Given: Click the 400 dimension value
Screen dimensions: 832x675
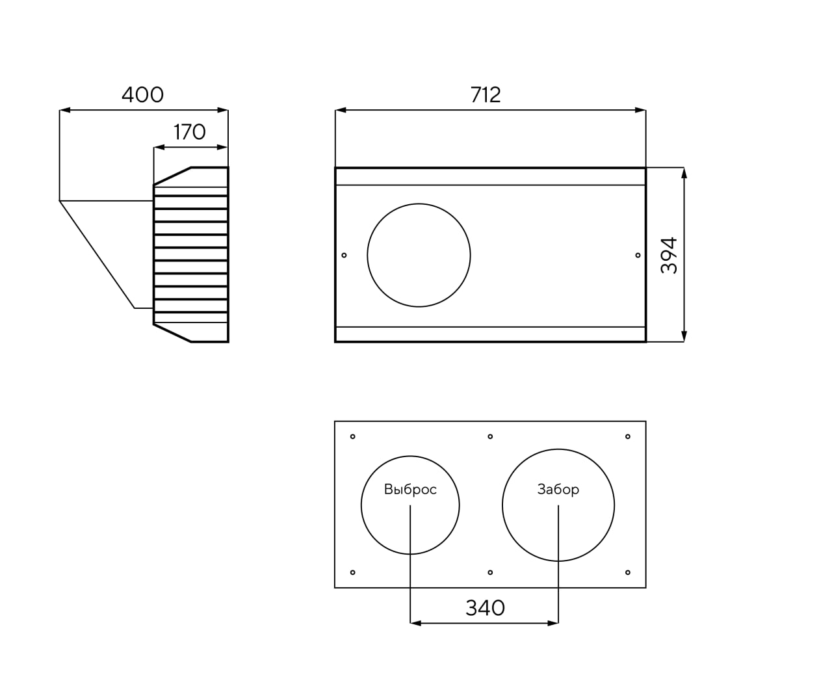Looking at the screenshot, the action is coord(142,95).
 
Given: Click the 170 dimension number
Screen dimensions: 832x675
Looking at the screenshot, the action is coord(189,132).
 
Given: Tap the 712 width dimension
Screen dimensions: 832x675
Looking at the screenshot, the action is coord(486,95).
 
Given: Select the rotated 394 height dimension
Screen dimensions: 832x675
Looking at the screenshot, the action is coord(668,255).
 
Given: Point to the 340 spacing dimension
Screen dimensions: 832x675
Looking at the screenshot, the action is coord(485,608).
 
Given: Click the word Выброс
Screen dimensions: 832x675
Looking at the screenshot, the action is coord(410,490).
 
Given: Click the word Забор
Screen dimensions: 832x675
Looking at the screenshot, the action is coord(558,490).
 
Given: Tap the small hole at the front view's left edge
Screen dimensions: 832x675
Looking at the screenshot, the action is coord(344,255).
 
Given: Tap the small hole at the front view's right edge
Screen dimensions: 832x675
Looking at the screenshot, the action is coord(638,255).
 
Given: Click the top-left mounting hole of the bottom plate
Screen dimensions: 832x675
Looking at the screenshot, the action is coord(353,436).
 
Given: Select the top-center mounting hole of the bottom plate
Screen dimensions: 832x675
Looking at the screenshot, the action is coord(490,436).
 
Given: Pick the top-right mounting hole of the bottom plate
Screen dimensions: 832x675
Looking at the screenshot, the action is coord(628,436).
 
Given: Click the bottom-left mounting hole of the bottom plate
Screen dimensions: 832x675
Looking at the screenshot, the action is coord(353,573).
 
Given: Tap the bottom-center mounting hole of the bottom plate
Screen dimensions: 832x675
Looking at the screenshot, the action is coord(490,573).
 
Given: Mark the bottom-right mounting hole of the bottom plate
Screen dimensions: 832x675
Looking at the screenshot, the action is coord(628,573).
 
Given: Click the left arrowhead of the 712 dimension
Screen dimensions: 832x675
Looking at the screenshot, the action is coord(341,110).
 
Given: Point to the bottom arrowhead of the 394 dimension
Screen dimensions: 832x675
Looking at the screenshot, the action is coord(684,336).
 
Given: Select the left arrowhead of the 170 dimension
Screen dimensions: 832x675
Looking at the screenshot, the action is coord(159,148).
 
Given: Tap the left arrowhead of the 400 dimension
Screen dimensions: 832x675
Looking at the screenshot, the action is coord(65,110).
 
